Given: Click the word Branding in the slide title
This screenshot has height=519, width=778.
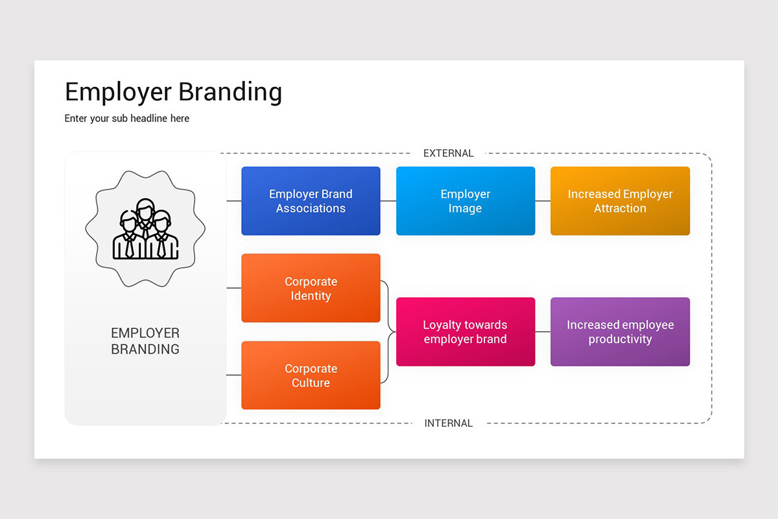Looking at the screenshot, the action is (230, 92).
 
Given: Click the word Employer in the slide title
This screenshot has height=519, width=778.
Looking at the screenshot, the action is (119, 92).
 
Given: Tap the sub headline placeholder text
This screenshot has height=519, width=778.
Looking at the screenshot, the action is (127, 119).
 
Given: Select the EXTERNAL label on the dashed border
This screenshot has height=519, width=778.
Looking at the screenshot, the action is (449, 153).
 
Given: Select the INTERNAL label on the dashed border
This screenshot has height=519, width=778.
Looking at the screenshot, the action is (449, 423).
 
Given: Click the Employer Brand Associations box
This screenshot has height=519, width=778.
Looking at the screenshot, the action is (311, 201).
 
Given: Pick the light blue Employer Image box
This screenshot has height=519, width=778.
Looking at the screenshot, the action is (466, 201).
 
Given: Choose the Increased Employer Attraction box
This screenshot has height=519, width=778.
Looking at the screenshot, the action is (620, 201).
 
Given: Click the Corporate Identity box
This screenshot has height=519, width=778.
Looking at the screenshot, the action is (311, 288).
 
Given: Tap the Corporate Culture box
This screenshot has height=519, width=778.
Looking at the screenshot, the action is (311, 376).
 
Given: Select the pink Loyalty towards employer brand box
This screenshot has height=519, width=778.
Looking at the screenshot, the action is (466, 332).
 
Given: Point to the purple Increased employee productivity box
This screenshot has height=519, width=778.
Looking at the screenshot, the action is (620, 332).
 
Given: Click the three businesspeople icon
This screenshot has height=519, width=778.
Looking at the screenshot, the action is (145, 229).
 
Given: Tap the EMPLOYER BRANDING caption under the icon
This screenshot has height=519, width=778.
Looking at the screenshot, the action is (145, 341).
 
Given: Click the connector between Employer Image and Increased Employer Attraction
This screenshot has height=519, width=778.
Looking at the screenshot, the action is (543, 201).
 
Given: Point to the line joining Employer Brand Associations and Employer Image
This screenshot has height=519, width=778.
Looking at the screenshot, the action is (388, 201).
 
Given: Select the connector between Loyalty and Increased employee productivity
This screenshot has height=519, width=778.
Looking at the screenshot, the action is (543, 332).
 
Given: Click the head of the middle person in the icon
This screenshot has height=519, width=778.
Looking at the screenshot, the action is (145, 210).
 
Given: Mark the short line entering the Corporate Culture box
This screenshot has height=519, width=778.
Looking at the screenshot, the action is (234, 375).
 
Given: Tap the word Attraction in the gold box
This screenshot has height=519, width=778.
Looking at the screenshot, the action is (620, 208).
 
